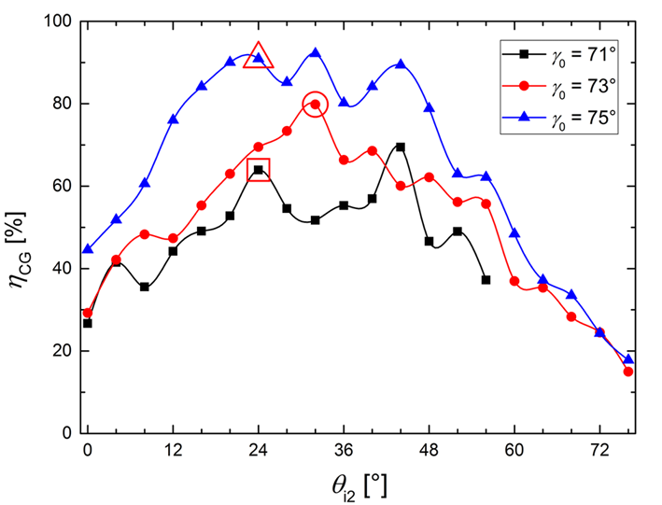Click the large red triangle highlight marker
(x=259, y=57)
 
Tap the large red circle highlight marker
(x=315, y=105)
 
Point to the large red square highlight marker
(x=259, y=170)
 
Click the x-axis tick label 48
(x=429, y=450)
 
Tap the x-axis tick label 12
(x=173, y=450)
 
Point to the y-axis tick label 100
(x=59, y=21)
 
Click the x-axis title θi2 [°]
(x=359, y=483)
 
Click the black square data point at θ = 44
(x=401, y=147)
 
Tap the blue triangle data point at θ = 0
(x=88, y=249)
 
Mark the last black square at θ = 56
(x=486, y=279)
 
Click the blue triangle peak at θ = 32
(x=315, y=53)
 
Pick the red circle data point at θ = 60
(x=514, y=280)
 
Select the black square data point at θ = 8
(x=145, y=287)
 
